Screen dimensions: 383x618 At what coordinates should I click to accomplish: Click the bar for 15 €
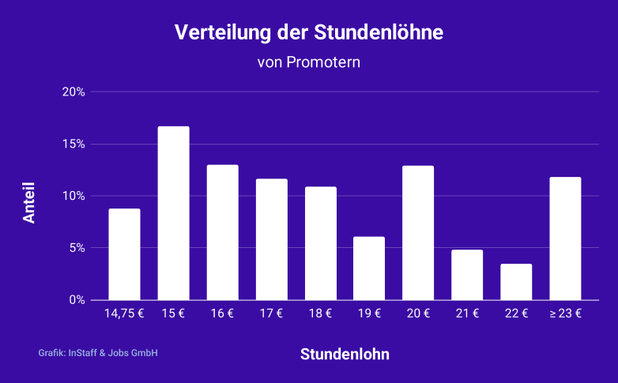click(173, 213)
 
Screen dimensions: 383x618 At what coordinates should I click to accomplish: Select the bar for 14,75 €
click(124, 254)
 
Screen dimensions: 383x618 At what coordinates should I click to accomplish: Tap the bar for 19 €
click(369, 268)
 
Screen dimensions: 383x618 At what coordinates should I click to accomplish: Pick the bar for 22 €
click(516, 282)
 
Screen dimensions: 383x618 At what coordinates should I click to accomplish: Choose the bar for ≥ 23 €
click(565, 238)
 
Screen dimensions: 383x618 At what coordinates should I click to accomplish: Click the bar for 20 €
click(418, 233)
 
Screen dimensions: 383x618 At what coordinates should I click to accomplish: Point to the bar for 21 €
click(467, 275)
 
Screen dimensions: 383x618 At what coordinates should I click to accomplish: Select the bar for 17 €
click(271, 239)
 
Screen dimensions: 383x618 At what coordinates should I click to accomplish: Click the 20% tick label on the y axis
click(73, 92)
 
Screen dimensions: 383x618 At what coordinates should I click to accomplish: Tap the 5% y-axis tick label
click(77, 248)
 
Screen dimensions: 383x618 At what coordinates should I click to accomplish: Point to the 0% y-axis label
click(77, 300)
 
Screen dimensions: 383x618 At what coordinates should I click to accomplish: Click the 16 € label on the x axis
click(222, 314)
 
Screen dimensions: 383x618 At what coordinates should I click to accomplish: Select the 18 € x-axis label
click(320, 314)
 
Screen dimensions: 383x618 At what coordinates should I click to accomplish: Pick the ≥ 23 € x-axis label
click(565, 314)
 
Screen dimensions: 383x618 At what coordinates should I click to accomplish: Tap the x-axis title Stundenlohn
click(345, 354)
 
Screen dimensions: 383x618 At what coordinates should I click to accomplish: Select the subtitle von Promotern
click(309, 62)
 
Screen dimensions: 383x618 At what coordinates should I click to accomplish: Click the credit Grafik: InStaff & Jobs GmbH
click(98, 353)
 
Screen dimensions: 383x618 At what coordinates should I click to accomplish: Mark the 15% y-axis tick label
click(73, 144)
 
